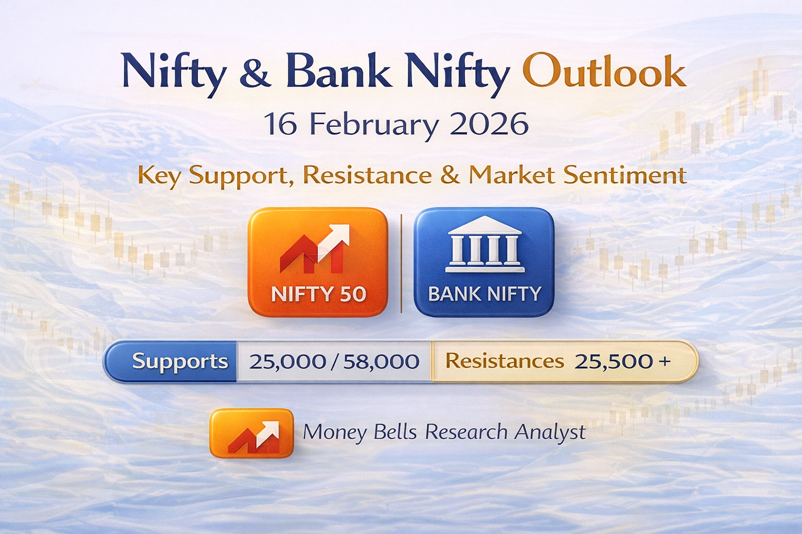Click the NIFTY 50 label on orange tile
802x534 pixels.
319,294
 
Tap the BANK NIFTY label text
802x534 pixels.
485,294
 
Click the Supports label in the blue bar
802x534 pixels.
180,361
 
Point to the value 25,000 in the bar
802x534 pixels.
288,361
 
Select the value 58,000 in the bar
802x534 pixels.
381,361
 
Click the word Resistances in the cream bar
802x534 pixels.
504,361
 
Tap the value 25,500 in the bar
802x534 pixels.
614,361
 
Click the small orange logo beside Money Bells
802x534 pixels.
252,433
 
